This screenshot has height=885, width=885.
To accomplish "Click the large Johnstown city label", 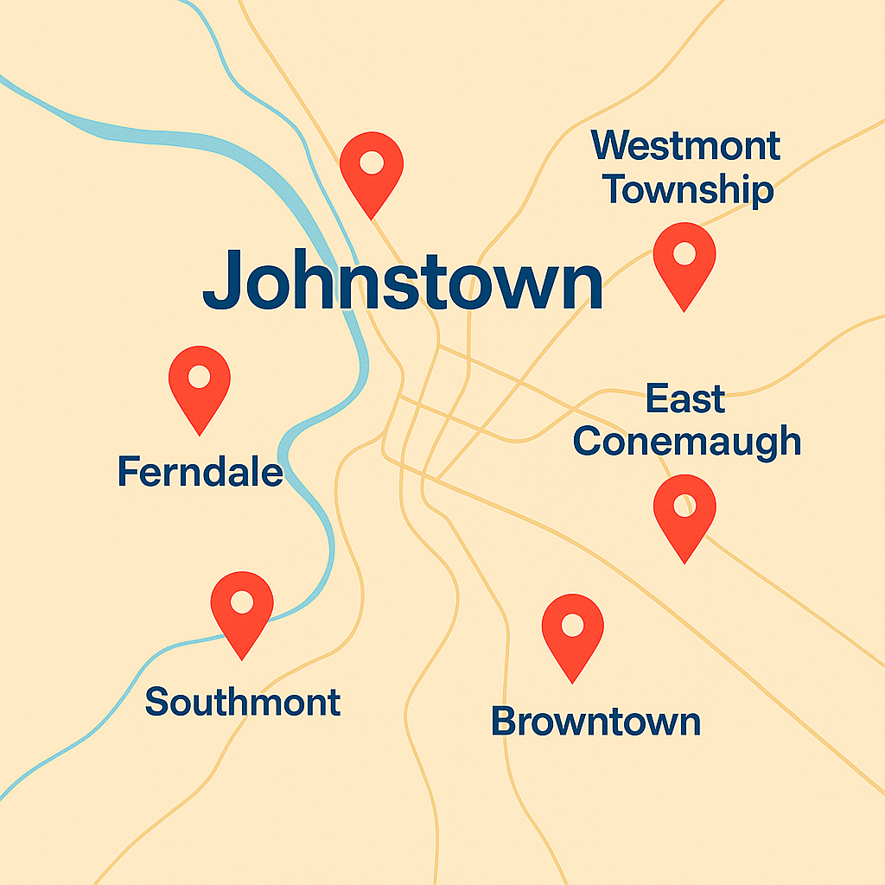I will (x=403, y=281).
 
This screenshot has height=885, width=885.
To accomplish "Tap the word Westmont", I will (x=685, y=146).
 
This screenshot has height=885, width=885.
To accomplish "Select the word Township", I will (x=687, y=189).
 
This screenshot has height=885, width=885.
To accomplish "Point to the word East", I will (x=685, y=400).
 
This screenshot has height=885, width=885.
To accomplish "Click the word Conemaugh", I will (x=686, y=441).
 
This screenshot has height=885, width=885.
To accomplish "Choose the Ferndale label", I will (x=200, y=472).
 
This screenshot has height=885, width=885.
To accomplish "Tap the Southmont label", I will (x=242, y=702).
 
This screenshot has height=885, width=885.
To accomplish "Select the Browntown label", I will (x=595, y=721).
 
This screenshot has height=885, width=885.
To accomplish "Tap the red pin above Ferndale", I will (x=200, y=384).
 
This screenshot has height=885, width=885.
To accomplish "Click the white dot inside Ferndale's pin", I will (x=200, y=377).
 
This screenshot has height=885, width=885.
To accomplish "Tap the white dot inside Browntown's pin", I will (x=572, y=624).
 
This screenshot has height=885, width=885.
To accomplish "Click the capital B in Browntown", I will (x=504, y=721).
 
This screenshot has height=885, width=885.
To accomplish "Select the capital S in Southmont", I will (x=156, y=702).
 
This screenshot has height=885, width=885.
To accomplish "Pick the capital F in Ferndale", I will (x=128, y=472).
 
